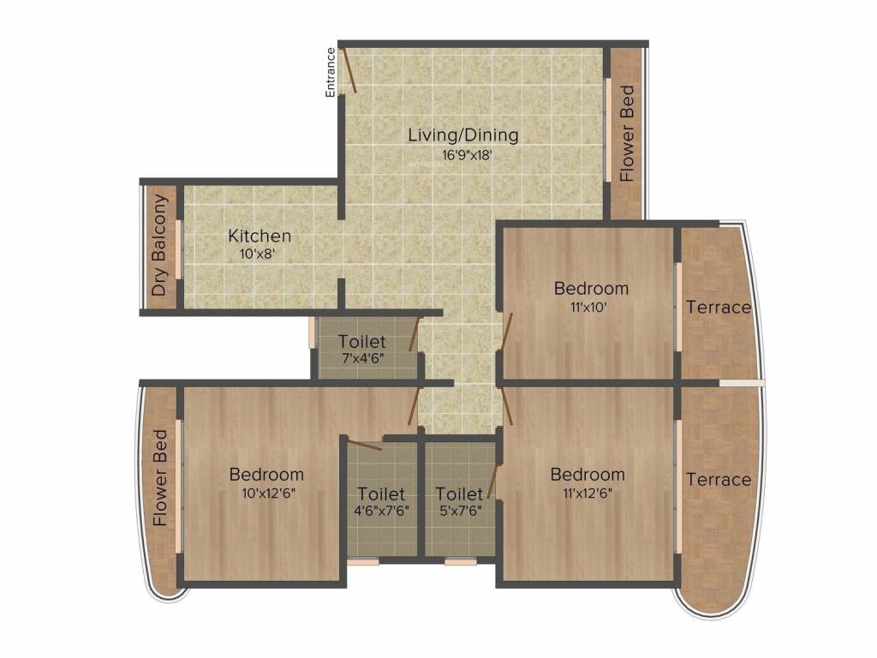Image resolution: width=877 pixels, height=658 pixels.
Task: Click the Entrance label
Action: tap(331, 72)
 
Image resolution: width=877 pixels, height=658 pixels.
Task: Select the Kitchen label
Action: tap(260, 236)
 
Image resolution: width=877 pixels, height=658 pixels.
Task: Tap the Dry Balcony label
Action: tap(159, 246)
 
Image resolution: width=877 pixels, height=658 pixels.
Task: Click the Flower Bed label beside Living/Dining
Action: tap(627, 133)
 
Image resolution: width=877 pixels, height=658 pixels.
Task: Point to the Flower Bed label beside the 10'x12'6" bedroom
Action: tap(160, 489)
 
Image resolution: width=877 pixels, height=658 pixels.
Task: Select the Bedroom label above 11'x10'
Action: tap(591, 288)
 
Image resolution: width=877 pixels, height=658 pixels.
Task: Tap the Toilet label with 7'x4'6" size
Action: tap(361, 342)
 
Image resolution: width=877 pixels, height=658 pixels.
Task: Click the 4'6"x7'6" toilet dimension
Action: tap(381, 511)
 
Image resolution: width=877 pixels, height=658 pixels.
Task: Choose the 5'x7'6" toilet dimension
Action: tap(458, 511)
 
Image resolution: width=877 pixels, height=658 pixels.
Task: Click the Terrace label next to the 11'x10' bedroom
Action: tap(718, 308)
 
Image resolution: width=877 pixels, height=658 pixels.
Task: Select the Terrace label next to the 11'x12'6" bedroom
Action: tap(718, 480)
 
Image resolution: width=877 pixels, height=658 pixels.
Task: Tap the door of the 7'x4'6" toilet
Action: tap(415, 334)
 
